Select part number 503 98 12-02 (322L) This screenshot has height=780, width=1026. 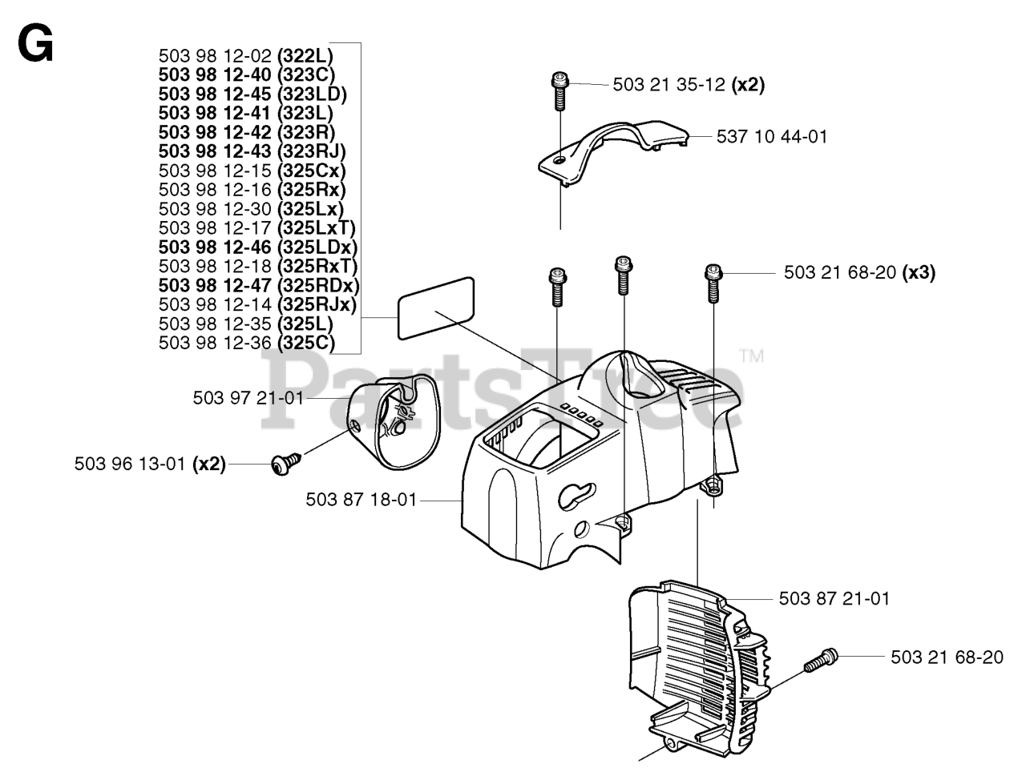coord(245,56)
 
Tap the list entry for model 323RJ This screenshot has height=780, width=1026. coord(252,151)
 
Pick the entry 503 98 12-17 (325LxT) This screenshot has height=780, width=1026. coord(256,228)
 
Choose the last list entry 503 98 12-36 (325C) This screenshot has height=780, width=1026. coord(246,344)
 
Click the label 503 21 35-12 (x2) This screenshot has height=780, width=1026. coord(688,85)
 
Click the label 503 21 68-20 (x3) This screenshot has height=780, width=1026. coord(858,273)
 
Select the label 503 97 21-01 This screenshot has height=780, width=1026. coord(248,398)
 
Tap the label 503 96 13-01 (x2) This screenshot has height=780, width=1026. coord(150,464)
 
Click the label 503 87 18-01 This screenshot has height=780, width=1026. coord(362,500)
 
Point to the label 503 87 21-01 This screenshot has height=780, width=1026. coord(834,599)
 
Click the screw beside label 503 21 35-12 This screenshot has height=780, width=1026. coord(559,90)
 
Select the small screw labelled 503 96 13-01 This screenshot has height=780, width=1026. coord(285,464)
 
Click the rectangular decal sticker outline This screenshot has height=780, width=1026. coord(435,308)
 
